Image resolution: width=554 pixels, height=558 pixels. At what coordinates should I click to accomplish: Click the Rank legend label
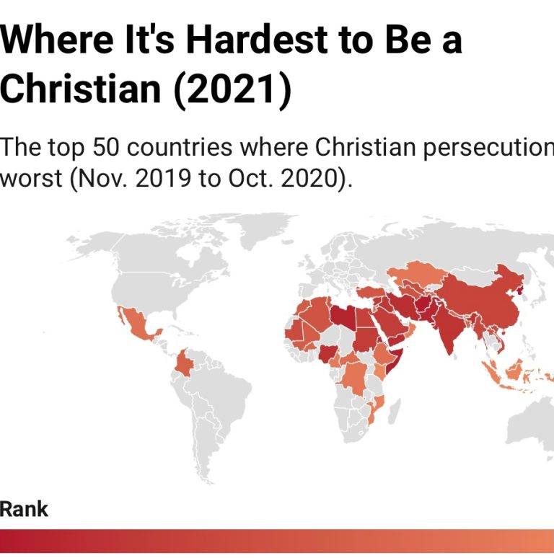point(24,509)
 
